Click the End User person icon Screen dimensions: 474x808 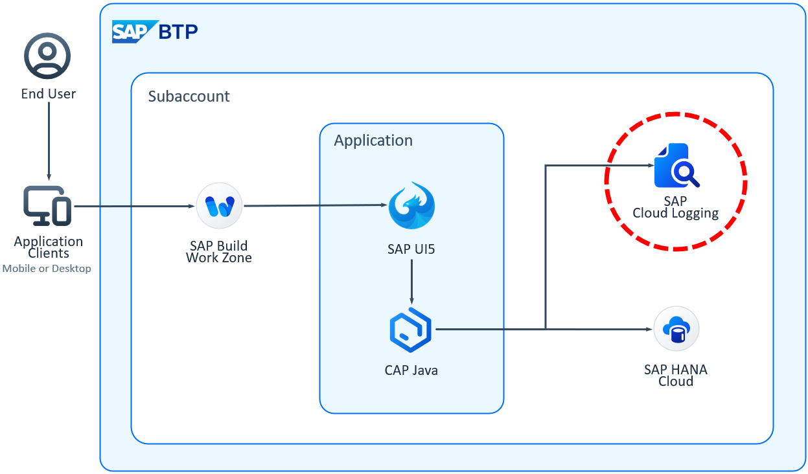(x=47, y=56)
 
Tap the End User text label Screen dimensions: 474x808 (x=48, y=94)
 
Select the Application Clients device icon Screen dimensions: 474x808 (x=47, y=206)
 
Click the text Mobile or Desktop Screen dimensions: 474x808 (x=47, y=268)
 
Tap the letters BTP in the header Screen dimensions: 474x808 (x=179, y=31)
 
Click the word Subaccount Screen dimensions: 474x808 (x=189, y=96)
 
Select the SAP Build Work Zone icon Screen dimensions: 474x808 (x=219, y=206)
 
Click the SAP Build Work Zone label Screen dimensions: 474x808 (x=219, y=252)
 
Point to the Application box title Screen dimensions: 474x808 (x=373, y=141)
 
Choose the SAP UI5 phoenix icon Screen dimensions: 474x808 (x=411, y=205)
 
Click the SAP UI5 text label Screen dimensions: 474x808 (x=411, y=249)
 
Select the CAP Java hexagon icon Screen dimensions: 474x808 (x=411, y=330)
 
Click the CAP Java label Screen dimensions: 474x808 (x=411, y=370)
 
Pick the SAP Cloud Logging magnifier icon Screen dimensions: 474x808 (x=676, y=166)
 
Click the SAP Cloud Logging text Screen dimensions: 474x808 (x=675, y=208)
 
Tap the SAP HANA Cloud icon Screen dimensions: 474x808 (x=676, y=330)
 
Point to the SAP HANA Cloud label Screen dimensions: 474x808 (x=675, y=375)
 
